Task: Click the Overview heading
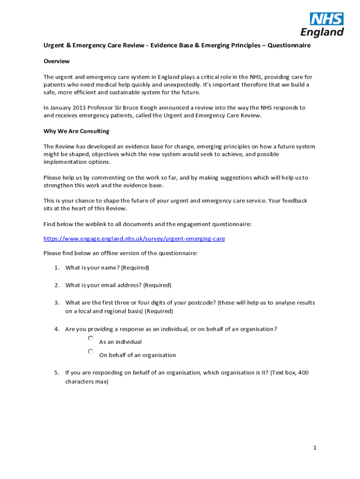(x=57, y=61)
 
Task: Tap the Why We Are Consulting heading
(x=76, y=131)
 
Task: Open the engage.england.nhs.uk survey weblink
(x=134, y=239)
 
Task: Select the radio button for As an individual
(x=91, y=338)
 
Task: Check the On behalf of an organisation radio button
(x=91, y=351)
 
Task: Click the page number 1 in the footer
(x=315, y=448)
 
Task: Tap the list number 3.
(x=56, y=303)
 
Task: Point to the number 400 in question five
(x=303, y=373)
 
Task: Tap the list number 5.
(x=56, y=373)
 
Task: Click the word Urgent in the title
(x=54, y=46)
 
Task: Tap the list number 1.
(x=56, y=268)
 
